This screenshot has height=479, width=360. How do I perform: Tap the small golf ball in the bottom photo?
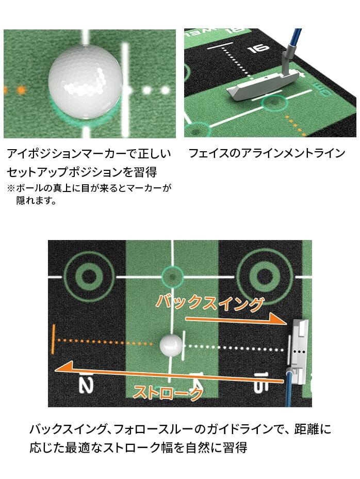coord(171,345)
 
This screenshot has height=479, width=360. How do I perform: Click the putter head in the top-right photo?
coord(263,84)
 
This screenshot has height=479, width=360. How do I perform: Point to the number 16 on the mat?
coord(258,49)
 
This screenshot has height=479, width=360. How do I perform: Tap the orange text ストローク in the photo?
coord(168,393)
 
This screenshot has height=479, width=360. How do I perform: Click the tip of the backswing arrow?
coord(287,323)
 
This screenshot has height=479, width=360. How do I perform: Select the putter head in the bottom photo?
coord(299,350)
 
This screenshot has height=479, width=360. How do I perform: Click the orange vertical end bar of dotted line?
coord(54,339)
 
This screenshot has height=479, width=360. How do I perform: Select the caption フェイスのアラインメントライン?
coord(267,153)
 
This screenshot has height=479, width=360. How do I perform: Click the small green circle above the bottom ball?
coord(172,277)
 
